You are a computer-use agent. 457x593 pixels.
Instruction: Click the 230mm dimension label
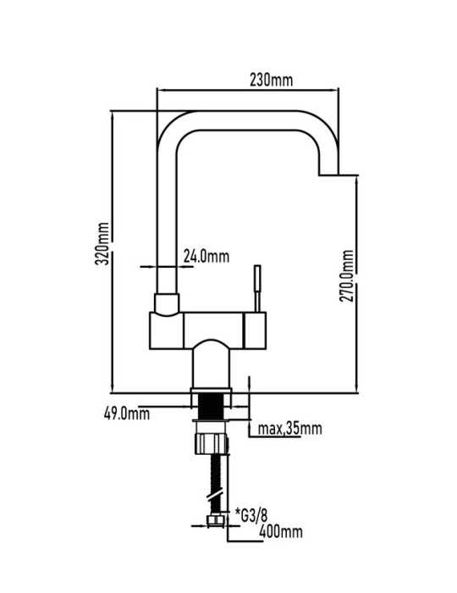[x=271, y=80]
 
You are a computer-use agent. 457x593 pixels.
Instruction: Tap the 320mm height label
[x=102, y=243]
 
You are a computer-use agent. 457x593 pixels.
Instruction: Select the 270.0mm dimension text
[x=347, y=275]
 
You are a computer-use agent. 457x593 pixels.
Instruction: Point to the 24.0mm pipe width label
[x=206, y=257]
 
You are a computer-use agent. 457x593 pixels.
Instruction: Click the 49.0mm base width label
[x=127, y=413]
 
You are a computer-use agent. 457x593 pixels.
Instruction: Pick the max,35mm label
[x=290, y=429]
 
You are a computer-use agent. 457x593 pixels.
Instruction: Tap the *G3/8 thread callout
[x=251, y=515]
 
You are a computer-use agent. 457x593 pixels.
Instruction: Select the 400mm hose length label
[x=281, y=532]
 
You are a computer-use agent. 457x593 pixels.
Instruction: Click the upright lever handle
[x=257, y=289]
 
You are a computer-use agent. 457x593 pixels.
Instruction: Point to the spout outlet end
[x=328, y=175]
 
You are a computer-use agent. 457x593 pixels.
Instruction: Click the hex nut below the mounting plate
[x=212, y=444]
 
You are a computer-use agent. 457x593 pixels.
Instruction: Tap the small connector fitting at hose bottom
[x=216, y=521]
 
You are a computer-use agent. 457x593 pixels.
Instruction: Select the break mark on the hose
[x=216, y=496]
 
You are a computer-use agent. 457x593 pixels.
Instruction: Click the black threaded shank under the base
[x=211, y=406]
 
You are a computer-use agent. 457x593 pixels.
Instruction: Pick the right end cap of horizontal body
[x=256, y=330]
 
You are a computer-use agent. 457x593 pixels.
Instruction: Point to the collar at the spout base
[x=167, y=304]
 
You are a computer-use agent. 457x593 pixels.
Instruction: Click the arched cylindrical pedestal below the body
[x=211, y=365]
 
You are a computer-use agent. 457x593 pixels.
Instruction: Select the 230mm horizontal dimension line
[x=247, y=90]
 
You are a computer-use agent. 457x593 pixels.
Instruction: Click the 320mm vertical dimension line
[x=113, y=252]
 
